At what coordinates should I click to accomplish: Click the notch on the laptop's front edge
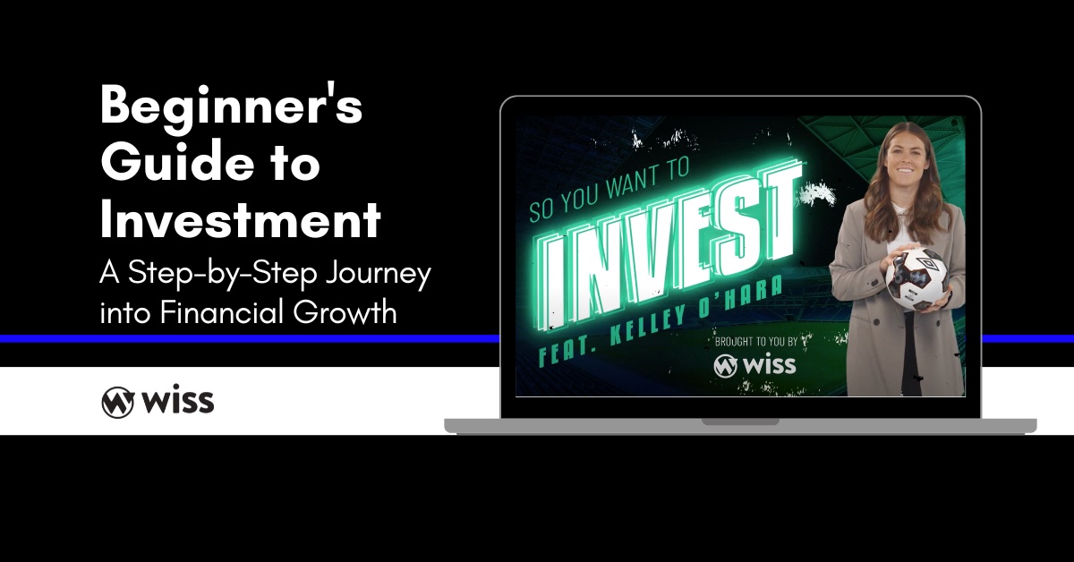click(740, 421)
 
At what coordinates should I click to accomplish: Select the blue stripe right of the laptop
click(1027, 339)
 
